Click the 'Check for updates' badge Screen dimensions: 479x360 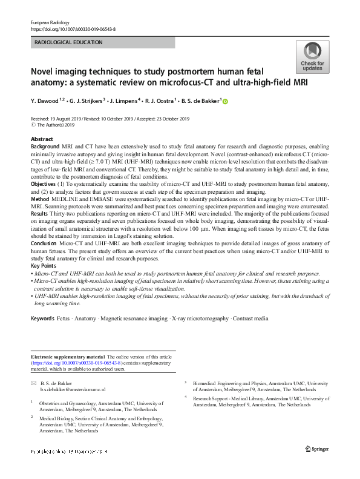(312, 58)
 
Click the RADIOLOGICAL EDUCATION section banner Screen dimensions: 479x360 (102, 42)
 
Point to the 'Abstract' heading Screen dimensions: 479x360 (42, 139)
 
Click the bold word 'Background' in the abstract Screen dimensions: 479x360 (45, 147)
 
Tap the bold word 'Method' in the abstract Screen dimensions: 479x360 (41, 197)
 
